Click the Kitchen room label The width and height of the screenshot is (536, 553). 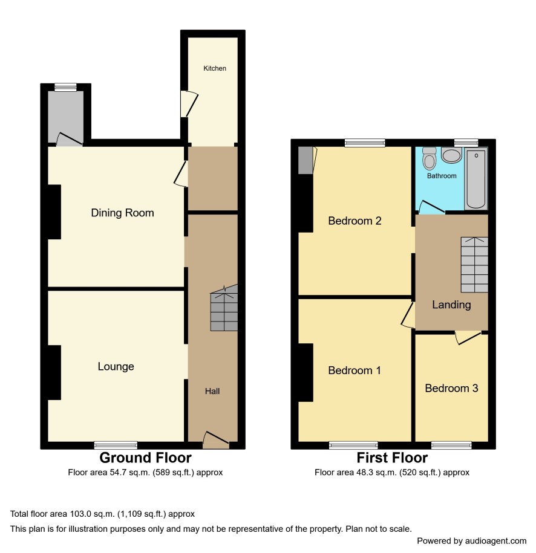click(215, 68)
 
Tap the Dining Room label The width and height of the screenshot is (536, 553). click(123, 213)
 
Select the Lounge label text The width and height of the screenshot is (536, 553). click(116, 366)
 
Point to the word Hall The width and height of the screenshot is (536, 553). click(212, 391)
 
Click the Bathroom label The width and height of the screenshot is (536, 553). click(442, 176)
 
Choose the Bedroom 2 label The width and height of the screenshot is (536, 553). click(355, 221)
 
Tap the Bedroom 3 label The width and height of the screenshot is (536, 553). click(452, 388)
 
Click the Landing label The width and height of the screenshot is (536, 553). click(452, 305)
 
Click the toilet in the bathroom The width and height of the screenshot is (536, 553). click(430, 159)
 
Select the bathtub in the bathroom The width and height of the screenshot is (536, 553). click(476, 178)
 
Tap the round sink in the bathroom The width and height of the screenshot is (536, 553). click(452, 155)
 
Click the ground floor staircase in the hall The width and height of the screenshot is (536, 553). click(224, 308)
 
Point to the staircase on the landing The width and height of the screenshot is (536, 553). click(474, 265)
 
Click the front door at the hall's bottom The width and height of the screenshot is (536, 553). click(216, 441)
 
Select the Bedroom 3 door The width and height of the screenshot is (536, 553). click(468, 337)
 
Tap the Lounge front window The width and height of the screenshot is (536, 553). click(116, 445)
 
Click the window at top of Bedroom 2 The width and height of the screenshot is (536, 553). click(365, 143)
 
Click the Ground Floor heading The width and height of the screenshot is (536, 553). click(145, 458)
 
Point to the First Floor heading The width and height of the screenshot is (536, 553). click(392, 458)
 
